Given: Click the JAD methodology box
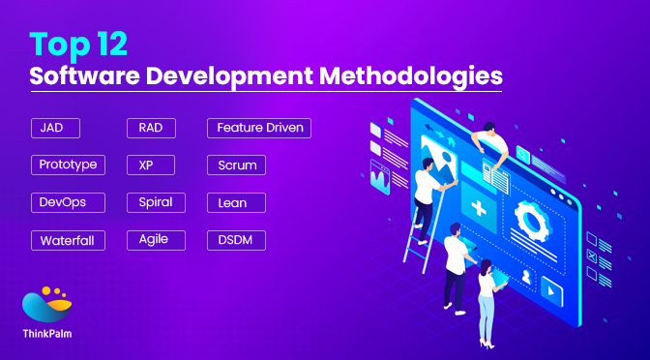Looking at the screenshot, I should pos(54,128).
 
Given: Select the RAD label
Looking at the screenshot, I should pos(150,128).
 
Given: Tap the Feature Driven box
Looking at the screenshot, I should pos(259,128).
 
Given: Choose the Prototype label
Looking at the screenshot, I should pos(68,165).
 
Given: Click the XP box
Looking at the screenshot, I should pos(146,165).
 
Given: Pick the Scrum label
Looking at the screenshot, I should pos(236,165).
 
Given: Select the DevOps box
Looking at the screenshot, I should pos(62,202).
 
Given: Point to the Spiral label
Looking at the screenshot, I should pos(155,202).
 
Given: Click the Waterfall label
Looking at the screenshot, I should pos(67,240).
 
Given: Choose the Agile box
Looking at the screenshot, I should pos(155,239).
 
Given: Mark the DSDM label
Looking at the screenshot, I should pos(236,239).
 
